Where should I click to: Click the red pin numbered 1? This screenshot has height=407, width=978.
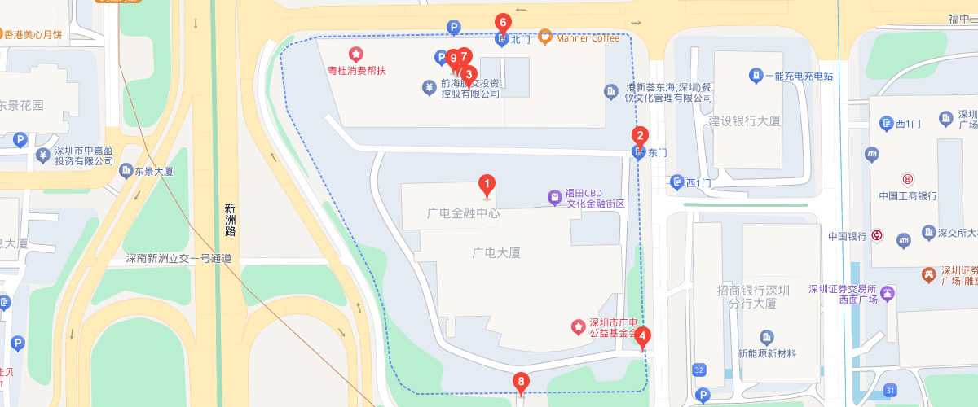click(x=487, y=185)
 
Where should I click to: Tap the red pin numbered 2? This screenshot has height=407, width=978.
click(x=641, y=137)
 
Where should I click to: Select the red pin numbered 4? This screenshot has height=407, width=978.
click(x=643, y=335)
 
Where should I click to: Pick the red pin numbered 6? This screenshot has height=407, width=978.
click(x=503, y=23)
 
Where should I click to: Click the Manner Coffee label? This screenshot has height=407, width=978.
click(x=588, y=37)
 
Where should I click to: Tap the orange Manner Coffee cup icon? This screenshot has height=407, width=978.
click(x=545, y=37)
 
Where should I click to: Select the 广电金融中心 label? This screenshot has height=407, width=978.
click(x=463, y=213)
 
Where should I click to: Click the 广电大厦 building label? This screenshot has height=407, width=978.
click(x=496, y=252)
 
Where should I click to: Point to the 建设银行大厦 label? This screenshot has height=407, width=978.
click(x=744, y=120)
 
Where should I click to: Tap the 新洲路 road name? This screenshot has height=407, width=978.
click(x=231, y=220)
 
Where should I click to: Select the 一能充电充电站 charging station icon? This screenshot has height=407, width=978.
click(x=756, y=76)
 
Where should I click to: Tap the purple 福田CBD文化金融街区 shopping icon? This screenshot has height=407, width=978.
click(x=554, y=197)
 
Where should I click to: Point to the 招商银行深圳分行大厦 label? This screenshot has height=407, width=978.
click(x=755, y=297)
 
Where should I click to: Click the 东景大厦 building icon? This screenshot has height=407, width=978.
click(x=126, y=171)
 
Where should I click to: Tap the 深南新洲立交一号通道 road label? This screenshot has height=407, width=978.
click(x=178, y=259)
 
